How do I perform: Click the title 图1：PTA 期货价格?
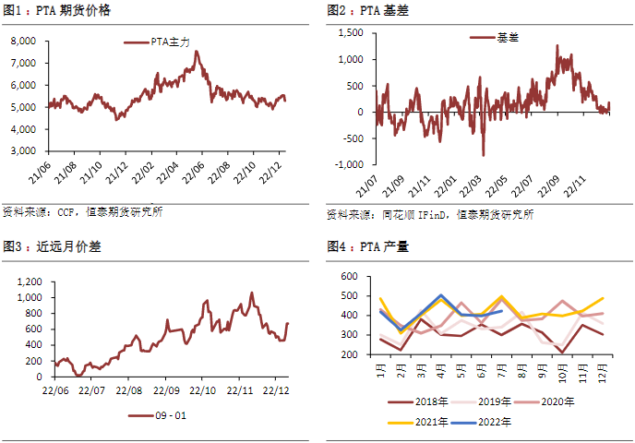tap(58, 11)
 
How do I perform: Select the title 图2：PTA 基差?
tap(368, 11)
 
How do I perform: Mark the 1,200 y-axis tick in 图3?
tap(30, 281)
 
